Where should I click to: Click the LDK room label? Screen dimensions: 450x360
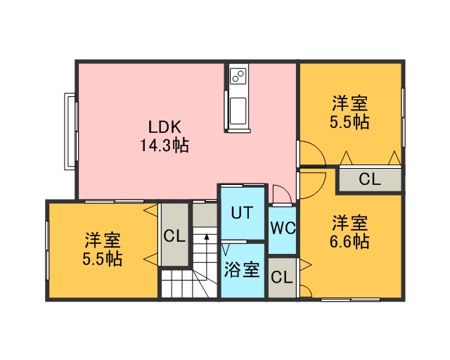pos(165,127)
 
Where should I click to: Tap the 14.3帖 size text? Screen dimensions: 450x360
pos(165,146)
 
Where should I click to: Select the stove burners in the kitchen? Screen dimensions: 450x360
pos(238,76)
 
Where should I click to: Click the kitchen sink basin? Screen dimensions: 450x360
pos(238,111)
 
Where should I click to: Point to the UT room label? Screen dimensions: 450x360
pos(242,213)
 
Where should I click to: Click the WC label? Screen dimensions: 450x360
pos(283,229)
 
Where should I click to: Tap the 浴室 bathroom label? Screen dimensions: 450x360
pos(242,269)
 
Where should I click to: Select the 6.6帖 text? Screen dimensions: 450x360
pos(349,241)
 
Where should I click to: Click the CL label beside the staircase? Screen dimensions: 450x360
pos(174,236)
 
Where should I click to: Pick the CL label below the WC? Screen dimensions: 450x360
pos(282,277)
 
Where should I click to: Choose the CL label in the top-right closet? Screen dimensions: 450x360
pos(370,179)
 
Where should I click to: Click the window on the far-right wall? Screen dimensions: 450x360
pos(403,117)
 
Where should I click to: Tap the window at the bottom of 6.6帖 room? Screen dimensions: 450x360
pos(350,300)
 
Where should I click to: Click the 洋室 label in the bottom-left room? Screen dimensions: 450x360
pos(103,240)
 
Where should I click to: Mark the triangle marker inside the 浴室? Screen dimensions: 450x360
pos(226,250)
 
